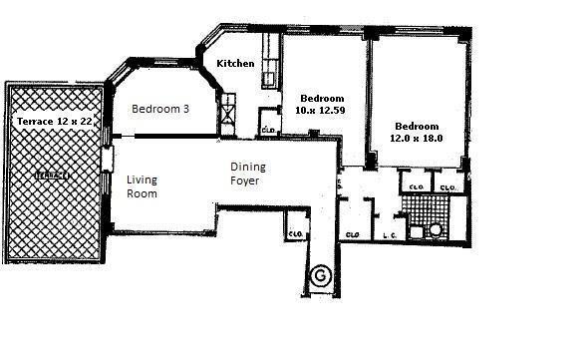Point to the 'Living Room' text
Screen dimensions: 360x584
143,187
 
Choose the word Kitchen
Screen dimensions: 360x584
236,63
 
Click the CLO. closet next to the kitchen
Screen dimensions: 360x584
268,128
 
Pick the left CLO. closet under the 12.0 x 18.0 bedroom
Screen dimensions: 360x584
414,186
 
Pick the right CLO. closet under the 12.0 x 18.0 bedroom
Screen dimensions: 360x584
448,186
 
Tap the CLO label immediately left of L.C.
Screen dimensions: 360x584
352,234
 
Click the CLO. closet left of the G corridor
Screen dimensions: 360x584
295,233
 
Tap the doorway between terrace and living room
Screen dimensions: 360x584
107,175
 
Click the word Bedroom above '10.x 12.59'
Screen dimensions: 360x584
322,97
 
